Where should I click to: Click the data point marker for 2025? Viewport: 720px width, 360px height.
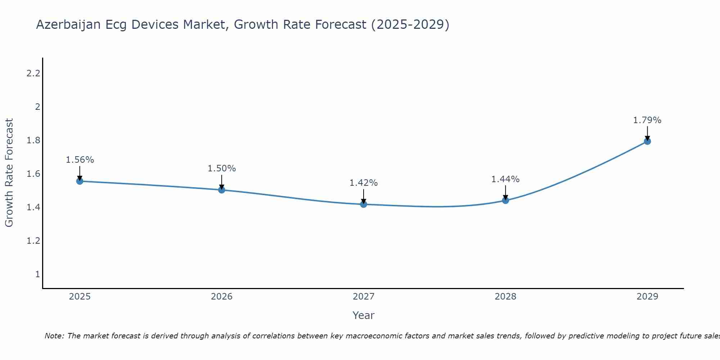click(x=80, y=181)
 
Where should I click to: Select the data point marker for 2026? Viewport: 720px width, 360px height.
click(x=222, y=190)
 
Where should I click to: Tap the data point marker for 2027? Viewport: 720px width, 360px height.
click(x=364, y=204)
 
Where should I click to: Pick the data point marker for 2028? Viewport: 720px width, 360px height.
click(x=505, y=200)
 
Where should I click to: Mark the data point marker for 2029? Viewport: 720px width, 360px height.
click(x=647, y=141)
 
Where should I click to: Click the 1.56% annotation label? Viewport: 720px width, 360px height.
click(x=80, y=160)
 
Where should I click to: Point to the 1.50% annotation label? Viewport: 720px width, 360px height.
click(x=222, y=168)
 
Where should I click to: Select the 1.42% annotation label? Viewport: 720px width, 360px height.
click(x=364, y=183)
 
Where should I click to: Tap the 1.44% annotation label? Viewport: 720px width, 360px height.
click(x=505, y=179)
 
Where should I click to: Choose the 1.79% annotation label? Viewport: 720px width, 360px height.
click(x=647, y=120)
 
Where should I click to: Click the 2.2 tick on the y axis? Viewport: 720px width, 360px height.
click(x=33, y=73)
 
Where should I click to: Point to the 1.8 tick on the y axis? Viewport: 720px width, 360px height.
click(x=33, y=140)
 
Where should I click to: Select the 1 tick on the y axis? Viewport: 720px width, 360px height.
click(x=37, y=274)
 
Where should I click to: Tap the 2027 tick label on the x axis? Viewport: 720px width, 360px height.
click(x=364, y=297)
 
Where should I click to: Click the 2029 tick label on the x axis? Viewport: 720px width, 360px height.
click(x=647, y=297)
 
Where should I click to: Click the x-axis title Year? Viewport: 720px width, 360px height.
click(x=364, y=315)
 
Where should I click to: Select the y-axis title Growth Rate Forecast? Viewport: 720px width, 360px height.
click(x=9, y=173)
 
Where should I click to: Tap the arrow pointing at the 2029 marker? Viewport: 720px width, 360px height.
click(x=647, y=133)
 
